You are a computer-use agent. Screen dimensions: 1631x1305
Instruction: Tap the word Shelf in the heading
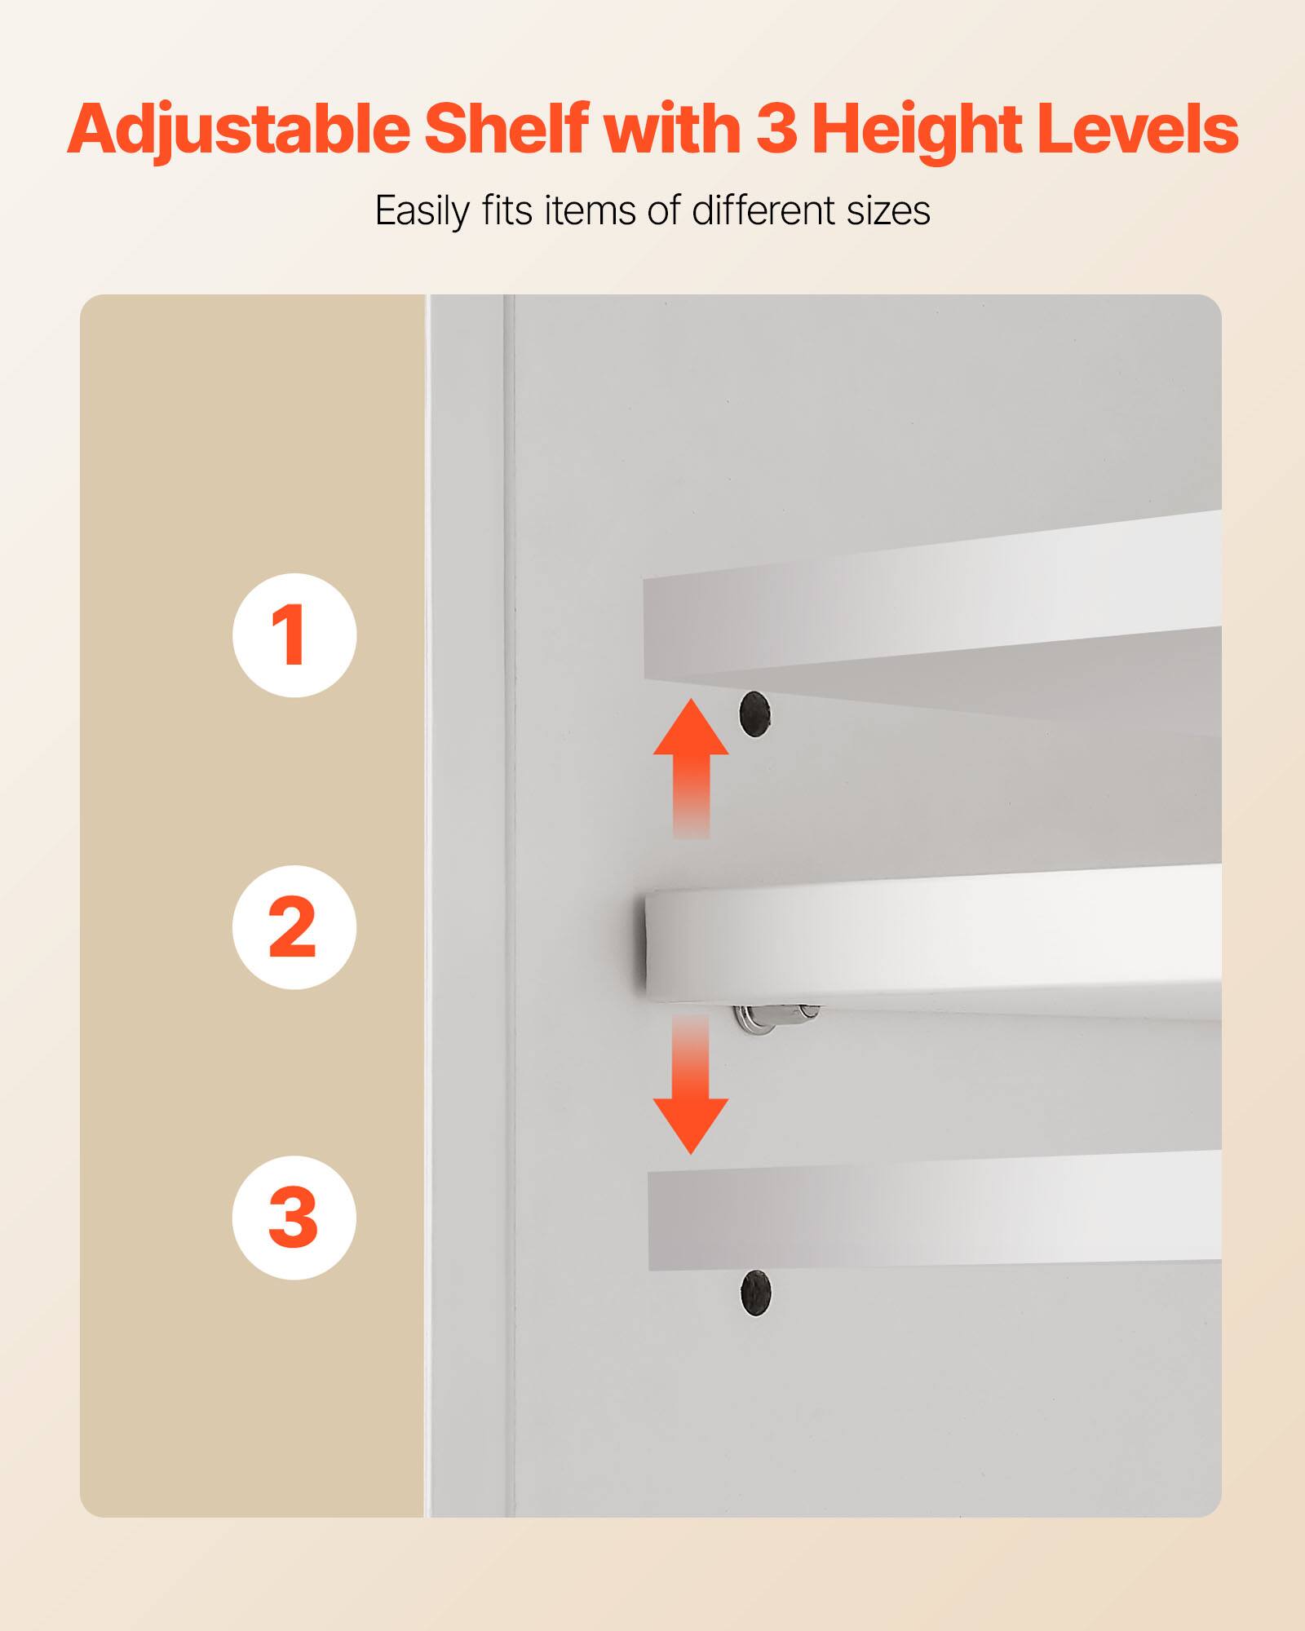click(x=506, y=129)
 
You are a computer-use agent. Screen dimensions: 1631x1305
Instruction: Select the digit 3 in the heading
click(x=776, y=129)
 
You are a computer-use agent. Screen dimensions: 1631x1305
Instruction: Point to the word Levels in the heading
click(x=1138, y=129)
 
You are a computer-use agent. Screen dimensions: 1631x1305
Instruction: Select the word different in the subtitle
click(x=764, y=210)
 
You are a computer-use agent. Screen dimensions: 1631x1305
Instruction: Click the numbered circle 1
click(x=294, y=634)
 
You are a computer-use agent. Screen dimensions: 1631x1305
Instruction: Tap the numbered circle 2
click(x=294, y=927)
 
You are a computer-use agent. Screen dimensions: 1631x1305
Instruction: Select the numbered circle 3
click(x=294, y=1218)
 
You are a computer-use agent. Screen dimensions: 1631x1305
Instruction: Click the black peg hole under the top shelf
click(x=754, y=714)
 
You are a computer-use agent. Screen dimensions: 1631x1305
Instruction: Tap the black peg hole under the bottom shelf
click(x=755, y=1293)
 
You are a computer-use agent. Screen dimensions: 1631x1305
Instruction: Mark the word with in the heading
click(x=671, y=129)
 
